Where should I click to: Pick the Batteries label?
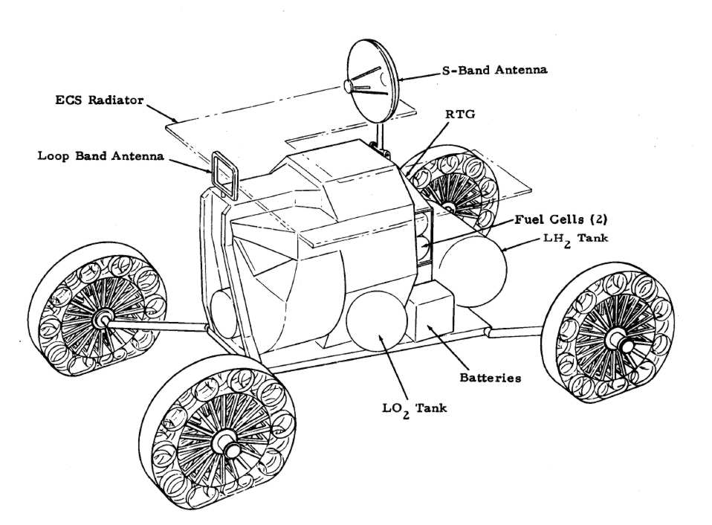(x=488, y=378)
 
